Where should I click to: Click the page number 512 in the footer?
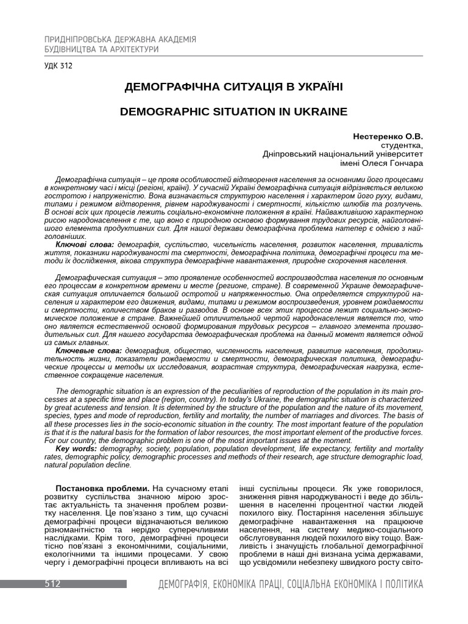(52, 584)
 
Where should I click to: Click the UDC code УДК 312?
(58, 66)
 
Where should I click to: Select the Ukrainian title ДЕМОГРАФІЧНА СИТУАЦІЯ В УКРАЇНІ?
(233, 87)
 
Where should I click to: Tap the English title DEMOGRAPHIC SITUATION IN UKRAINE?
(233, 112)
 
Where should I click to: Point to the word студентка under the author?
(401, 145)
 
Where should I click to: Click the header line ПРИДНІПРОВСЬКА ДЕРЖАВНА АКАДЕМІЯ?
(121, 40)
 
